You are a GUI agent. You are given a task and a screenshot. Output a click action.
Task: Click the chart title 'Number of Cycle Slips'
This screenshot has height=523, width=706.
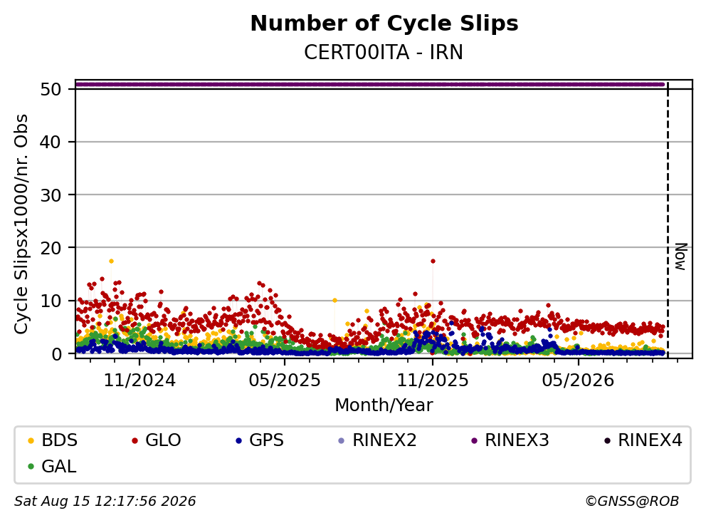[x=384, y=24]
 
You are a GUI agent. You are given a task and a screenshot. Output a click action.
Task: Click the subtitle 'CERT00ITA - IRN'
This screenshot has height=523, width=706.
[x=384, y=52]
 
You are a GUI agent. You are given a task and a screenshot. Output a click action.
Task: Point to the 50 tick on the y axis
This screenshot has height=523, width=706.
[x=51, y=89]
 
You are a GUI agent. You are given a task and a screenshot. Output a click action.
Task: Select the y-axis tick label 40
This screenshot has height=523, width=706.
[x=51, y=142]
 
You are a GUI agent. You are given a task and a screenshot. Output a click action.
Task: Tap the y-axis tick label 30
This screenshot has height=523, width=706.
[x=51, y=195]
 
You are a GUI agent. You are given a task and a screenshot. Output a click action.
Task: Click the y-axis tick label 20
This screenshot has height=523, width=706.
[x=51, y=247]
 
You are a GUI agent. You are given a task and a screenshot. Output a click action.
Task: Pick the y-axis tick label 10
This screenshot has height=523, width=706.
[x=51, y=301]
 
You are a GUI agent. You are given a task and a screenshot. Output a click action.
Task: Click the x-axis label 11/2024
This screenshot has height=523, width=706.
[x=139, y=380]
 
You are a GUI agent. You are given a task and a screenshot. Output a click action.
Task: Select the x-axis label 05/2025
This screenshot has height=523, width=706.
[x=285, y=380]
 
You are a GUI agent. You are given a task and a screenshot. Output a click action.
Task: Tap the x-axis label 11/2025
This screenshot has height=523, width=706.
[x=432, y=380]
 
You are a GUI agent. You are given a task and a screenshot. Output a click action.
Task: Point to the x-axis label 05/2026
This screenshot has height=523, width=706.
[x=578, y=380]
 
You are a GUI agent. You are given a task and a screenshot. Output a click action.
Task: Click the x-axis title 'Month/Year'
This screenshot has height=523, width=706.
[x=384, y=405]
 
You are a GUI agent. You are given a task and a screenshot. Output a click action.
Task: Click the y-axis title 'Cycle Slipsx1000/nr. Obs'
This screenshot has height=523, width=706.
[x=21, y=224]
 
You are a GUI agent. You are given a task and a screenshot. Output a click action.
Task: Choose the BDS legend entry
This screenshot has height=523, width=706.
[x=53, y=440]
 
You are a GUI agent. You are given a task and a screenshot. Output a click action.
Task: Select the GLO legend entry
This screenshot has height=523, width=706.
[x=157, y=440]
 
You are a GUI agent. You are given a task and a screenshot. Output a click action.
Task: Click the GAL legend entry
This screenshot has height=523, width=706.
[x=52, y=466]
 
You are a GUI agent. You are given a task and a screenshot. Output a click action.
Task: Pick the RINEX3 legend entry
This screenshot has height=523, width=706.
[x=510, y=440]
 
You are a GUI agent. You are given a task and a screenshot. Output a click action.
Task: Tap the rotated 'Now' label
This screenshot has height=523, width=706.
[x=681, y=257]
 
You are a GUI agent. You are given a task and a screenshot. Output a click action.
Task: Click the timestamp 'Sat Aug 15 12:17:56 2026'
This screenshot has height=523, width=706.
[x=105, y=501]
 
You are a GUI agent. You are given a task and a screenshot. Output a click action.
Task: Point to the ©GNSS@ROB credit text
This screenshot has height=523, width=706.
[x=632, y=501]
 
